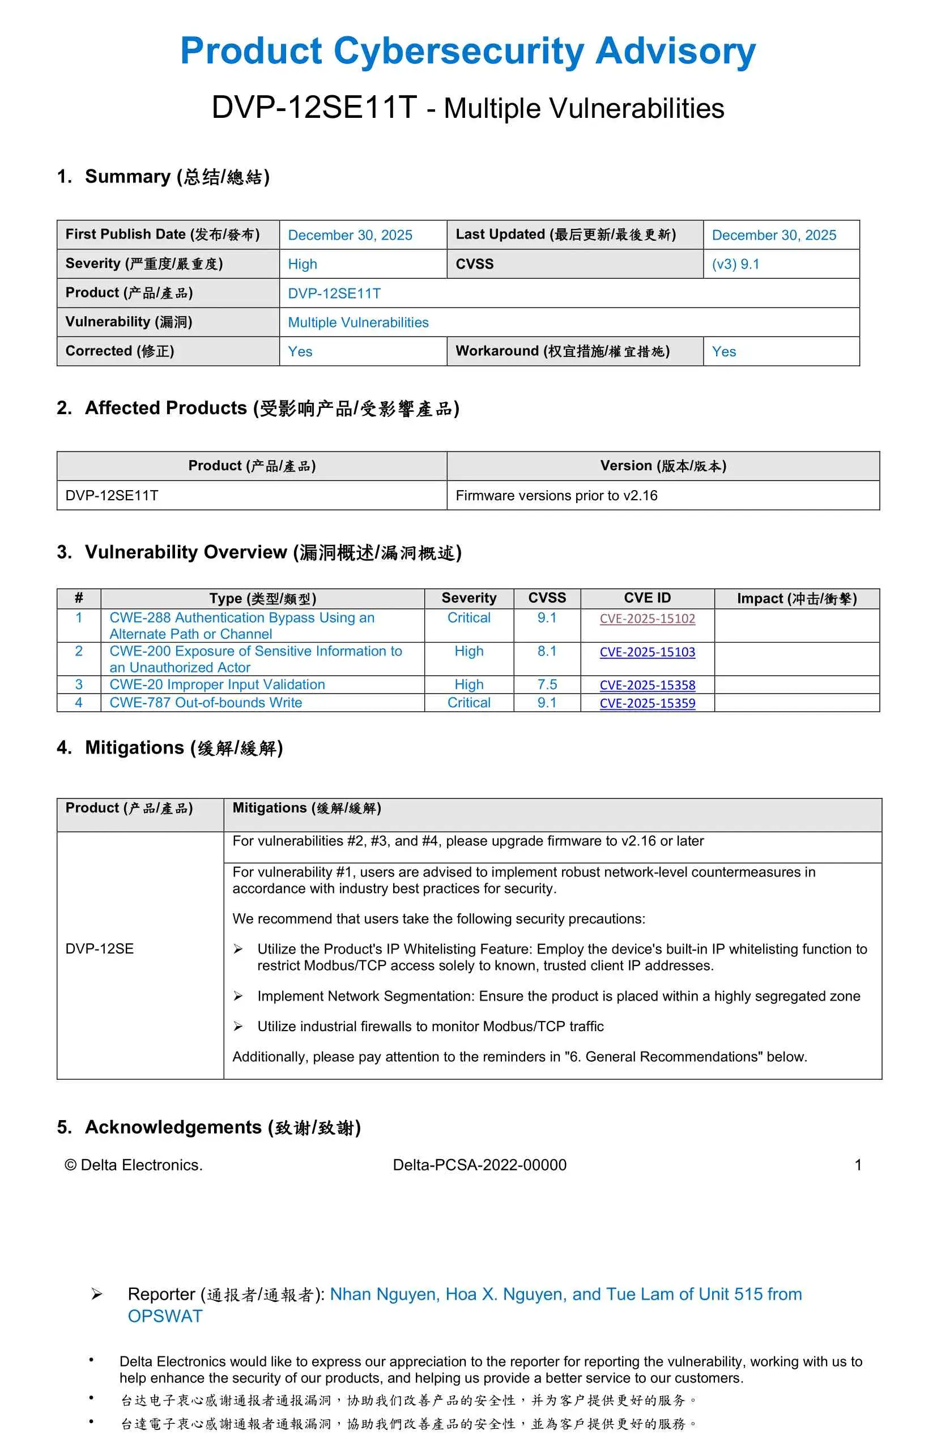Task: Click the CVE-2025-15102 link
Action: (x=647, y=618)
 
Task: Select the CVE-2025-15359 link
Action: (x=647, y=703)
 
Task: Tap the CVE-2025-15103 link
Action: (x=647, y=652)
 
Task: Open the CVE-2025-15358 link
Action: (x=647, y=684)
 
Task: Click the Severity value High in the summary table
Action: (x=302, y=264)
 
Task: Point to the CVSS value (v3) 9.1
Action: (x=735, y=264)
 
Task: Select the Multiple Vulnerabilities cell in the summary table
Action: (x=358, y=322)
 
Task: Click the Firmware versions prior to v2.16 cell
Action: (x=556, y=496)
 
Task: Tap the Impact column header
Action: (x=797, y=598)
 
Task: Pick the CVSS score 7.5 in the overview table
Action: (x=547, y=684)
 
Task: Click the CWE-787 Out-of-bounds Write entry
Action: (x=206, y=703)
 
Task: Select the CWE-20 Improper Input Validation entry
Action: (x=217, y=684)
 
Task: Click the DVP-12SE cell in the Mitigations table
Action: (x=100, y=948)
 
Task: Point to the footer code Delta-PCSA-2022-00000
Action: (x=479, y=1165)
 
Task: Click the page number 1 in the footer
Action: (x=857, y=1165)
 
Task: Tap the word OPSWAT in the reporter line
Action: (x=165, y=1316)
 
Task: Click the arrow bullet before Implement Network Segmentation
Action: (x=238, y=996)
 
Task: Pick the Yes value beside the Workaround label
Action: (x=723, y=351)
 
